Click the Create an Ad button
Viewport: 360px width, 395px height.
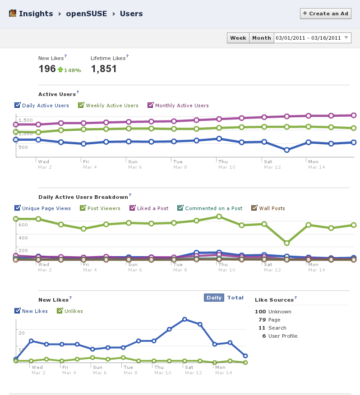(325, 14)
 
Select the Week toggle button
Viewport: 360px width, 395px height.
(238, 38)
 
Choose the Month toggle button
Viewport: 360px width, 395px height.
(262, 38)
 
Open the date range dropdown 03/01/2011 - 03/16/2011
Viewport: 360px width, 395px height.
(313, 38)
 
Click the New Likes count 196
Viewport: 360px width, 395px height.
(47, 69)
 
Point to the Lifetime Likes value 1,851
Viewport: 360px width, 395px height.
(104, 69)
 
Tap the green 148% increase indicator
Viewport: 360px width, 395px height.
(69, 70)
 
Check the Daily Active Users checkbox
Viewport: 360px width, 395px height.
(18, 106)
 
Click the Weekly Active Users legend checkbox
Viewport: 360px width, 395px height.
(81, 106)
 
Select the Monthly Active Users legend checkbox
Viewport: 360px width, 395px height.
(151, 106)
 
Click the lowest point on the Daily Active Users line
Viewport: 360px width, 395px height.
(286, 150)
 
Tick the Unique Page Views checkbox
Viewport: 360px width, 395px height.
(18, 208)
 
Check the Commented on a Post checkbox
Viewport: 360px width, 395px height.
(180, 208)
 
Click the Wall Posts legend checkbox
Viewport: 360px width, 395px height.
(255, 208)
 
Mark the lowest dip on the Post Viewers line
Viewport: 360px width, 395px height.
(286, 243)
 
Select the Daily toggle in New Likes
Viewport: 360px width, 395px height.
(214, 298)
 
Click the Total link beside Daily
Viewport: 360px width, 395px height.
(235, 298)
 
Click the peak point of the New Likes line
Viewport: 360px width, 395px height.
(185, 319)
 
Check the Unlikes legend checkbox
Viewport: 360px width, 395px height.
(60, 311)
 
